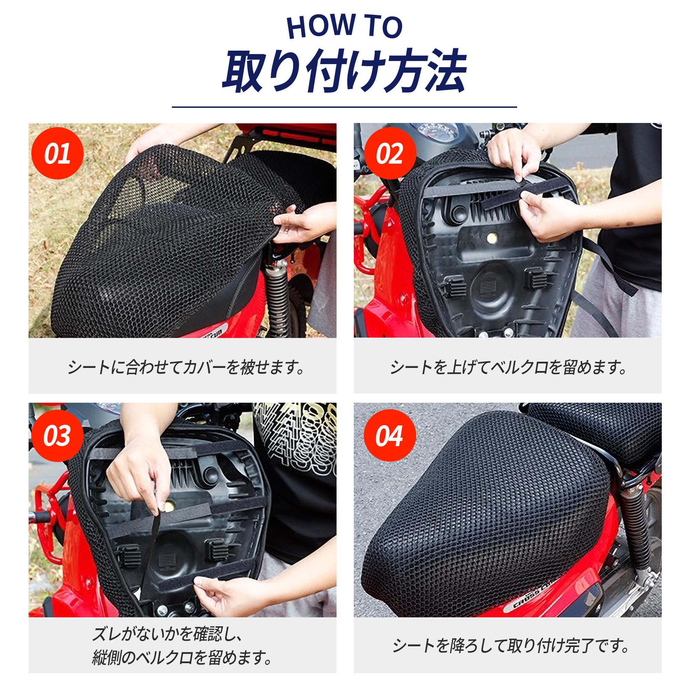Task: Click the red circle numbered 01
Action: coord(58,153)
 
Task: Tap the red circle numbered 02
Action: coord(390,153)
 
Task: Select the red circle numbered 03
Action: coord(58,435)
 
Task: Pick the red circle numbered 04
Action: coord(390,435)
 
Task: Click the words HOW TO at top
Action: coord(344,27)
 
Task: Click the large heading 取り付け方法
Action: coord(344,71)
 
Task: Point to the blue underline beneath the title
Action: coord(344,107)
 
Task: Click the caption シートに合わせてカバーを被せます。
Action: coord(186,367)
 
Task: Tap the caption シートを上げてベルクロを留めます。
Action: coord(508,367)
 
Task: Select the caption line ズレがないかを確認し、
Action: coord(168,634)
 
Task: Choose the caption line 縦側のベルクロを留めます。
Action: coord(182,657)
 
